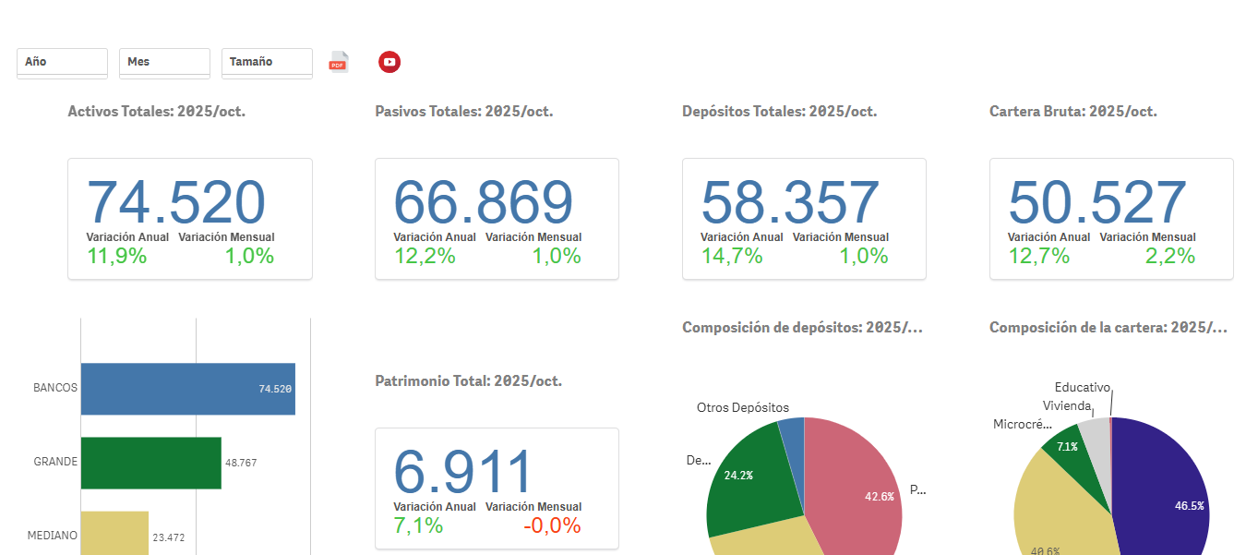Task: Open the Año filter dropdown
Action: [x=62, y=62]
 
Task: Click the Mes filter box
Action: [x=164, y=62]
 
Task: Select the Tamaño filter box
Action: [x=267, y=62]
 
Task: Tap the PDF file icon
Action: [x=339, y=62]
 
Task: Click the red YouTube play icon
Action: [x=389, y=62]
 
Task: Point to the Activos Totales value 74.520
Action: [x=175, y=202]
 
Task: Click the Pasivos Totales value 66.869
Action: [x=483, y=202]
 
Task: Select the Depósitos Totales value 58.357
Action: [x=790, y=202]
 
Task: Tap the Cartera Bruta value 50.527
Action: [x=1097, y=202]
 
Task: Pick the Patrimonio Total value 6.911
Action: [x=464, y=472]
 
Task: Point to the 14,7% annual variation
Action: [x=732, y=256]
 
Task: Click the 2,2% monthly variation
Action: [x=1170, y=256]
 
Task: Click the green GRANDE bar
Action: [x=150, y=463]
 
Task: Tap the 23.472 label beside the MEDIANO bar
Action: [x=169, y=537]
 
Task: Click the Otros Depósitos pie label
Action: [x=743, y=407]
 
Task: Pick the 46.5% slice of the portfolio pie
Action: [x=1168, y=489]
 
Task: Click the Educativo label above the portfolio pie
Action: [x=1083, y=388]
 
